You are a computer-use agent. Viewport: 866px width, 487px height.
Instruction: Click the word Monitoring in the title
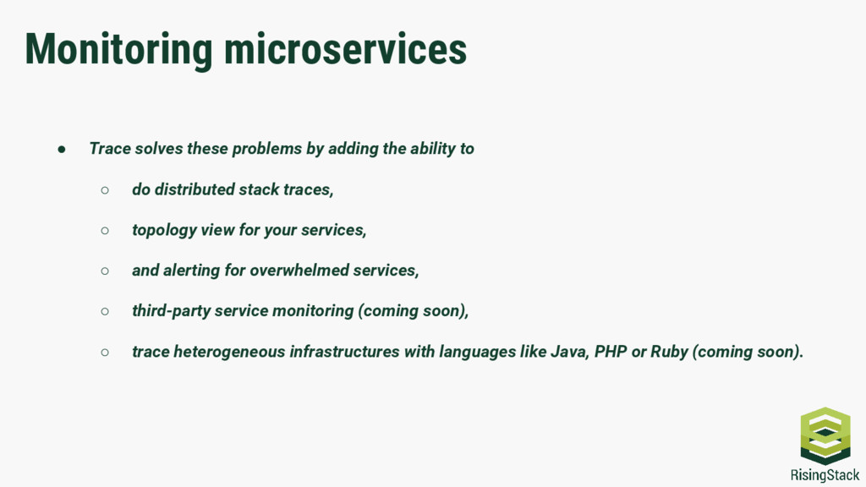[118, 49]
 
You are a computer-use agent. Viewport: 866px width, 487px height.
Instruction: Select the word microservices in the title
[345, 49]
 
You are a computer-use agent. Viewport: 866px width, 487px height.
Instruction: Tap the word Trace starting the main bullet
[110, 149]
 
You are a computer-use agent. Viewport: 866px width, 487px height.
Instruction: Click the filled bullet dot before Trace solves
[62, 149]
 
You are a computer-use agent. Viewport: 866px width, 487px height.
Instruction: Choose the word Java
[568, 352]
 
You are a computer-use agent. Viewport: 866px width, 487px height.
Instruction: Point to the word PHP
[611, 352]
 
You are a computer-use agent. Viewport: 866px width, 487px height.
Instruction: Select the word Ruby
[669, 352]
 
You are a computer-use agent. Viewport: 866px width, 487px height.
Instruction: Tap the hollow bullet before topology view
[105, 230]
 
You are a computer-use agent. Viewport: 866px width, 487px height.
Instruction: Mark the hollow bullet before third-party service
[105, 311]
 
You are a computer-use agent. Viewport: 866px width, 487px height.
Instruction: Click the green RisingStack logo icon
[825, 435]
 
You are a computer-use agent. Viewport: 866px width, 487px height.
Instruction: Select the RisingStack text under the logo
[825, 474]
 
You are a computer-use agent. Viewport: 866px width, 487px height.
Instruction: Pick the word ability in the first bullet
[432, 149]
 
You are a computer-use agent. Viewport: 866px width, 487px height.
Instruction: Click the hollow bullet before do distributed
[105, 189]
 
